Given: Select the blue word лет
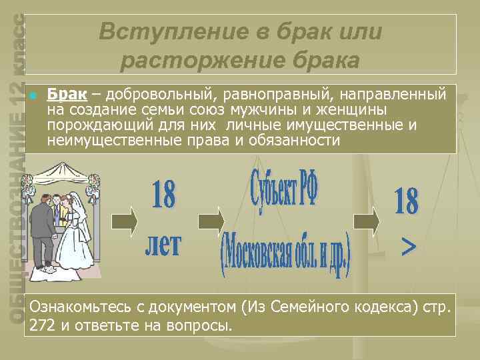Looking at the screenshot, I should click(x=163, y=244).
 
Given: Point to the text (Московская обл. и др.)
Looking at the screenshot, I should click(x=285, y=254).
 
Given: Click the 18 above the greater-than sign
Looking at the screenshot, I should click(x=407, y=202).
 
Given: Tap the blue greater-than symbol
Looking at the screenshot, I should click(x=408, y=247).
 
